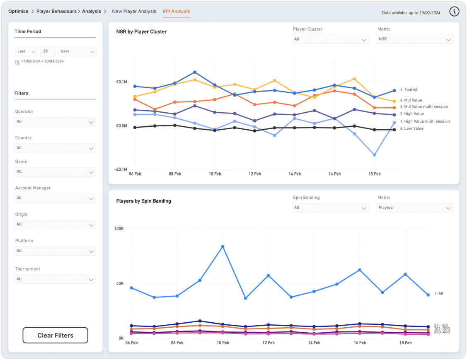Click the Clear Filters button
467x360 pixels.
(x=55, y=335)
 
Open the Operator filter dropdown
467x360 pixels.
(x=55, y=122)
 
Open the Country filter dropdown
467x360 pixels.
(x=55, y=148)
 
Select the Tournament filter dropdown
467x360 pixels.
(x=55, y=279)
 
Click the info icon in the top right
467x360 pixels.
(x=454, y=12)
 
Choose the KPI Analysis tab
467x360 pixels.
(x=176, y=12)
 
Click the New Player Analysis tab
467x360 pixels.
(x=134, y=12)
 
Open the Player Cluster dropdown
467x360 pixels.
(x=330, y=39)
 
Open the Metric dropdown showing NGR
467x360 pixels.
(x=414, y=39)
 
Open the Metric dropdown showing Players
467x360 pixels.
(x=414, y=208)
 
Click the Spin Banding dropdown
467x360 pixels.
(x=330, y=208)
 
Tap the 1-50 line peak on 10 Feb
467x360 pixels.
(x=223, y=246)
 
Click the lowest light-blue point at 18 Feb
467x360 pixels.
(x=375, y=155)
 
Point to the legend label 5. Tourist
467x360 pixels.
(x=409, y=89)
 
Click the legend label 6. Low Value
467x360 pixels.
(x=411, y=128)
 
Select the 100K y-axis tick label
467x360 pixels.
(x=119, y=229)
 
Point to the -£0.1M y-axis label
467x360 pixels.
(x=121, y=169)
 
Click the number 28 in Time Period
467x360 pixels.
(x=48, y=51)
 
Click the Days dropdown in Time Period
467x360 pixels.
(x=77, y=51)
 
